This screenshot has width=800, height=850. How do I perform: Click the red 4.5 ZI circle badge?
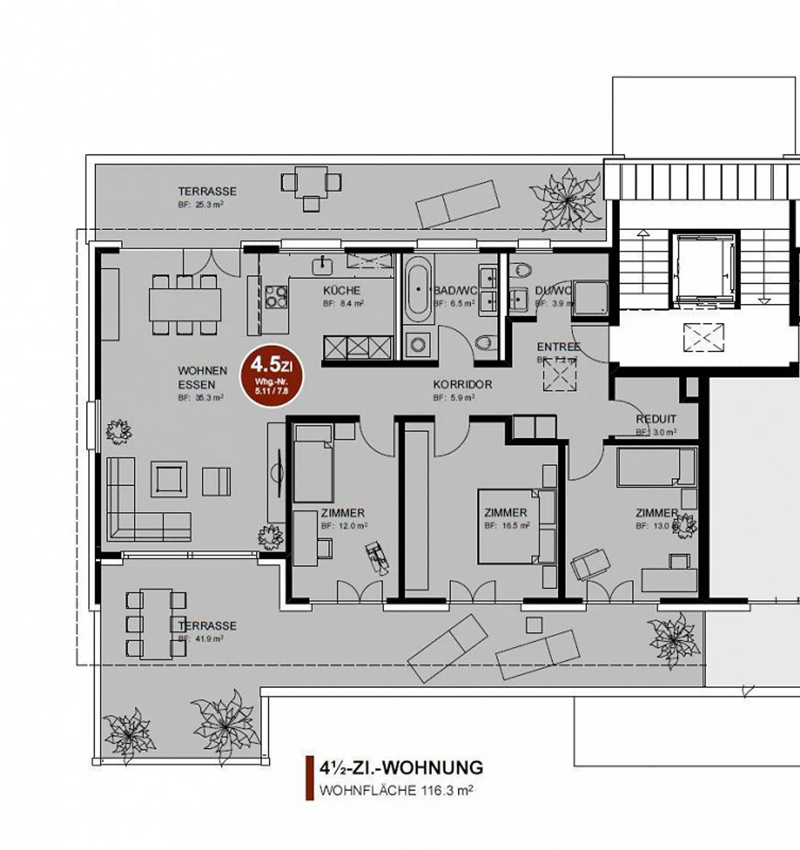[x=272, y=376]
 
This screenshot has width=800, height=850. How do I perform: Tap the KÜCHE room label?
[x=342, y=290]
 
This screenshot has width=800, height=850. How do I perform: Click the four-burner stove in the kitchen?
[x=276, y=296]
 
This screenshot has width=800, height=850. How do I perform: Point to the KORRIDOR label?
[x=462, y=384]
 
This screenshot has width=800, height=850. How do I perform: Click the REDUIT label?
[x=656, y=419]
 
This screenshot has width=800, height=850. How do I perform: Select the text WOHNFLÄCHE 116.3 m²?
[x=396, y=790]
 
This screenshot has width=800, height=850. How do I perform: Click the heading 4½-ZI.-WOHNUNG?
[x=401, y=768]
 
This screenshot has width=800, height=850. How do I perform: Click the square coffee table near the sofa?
[x=168, y=479]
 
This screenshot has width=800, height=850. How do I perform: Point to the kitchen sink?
[x=322, y=265]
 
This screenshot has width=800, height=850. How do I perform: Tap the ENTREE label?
[x=558, y=347]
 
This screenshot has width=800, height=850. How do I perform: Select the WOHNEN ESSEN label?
[x=202, y=377]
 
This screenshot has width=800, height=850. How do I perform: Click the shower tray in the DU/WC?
[x=590, y=298]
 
